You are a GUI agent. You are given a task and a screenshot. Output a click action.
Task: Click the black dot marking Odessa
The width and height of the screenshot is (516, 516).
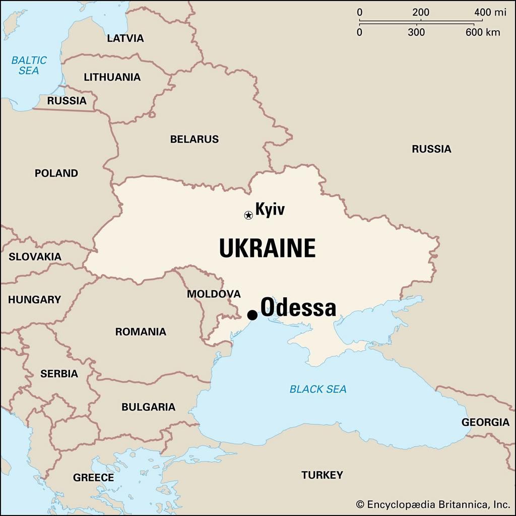(x=252, y=315)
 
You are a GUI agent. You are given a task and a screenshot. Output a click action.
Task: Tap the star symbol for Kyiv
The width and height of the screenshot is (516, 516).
(x=248, y=215)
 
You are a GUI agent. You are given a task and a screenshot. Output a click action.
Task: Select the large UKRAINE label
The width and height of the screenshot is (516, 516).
(x=267, y=248)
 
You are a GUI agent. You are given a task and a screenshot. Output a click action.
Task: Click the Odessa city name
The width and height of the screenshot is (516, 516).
(x=298, y=307)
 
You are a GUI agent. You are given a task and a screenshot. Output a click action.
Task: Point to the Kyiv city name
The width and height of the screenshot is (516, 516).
(x=270, y=209)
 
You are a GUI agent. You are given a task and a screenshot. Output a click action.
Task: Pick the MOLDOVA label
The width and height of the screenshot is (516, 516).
(x=214, y=294)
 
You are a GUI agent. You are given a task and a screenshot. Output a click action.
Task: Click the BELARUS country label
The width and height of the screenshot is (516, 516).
(x=195, y=139)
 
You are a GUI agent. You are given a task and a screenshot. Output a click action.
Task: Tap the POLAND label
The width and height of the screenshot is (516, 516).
(x=56, y=173)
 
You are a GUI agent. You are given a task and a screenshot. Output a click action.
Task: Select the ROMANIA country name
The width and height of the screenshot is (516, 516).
(x=141, y=332)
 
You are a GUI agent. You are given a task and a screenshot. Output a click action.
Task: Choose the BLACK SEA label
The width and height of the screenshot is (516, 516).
(x=318, y=389)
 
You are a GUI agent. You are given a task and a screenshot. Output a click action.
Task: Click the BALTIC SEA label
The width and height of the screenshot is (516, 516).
(x=29, y=66)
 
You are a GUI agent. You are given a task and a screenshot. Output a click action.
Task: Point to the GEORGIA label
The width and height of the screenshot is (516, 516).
(x=486, y=422)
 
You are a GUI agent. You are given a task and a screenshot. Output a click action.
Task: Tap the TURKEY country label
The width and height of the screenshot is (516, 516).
(x=322, y=475)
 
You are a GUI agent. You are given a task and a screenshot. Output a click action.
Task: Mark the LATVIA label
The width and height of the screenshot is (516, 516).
(x=125, y=38)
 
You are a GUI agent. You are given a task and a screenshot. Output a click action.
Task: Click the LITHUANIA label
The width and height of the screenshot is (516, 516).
(x=112, y=77)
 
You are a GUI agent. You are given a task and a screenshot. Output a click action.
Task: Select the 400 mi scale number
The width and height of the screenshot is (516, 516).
(x=483, y=13)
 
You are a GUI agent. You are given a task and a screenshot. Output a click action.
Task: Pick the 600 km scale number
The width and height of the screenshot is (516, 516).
(x=483, y=33)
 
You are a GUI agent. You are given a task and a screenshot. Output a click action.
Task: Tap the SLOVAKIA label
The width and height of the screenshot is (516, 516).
(x=35, y=256)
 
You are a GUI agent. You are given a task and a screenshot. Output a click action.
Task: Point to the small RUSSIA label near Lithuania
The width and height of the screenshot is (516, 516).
(x=67, y=101)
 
